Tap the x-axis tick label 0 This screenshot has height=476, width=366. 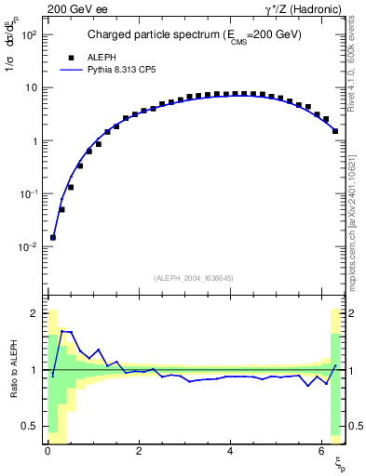click(47, 453)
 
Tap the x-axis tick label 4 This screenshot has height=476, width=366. click(229, 453)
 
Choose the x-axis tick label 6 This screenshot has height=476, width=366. click(319, 453)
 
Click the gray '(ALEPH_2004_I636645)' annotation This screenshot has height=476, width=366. click(194, 278)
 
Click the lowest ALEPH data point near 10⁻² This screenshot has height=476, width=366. click(53, 237)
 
